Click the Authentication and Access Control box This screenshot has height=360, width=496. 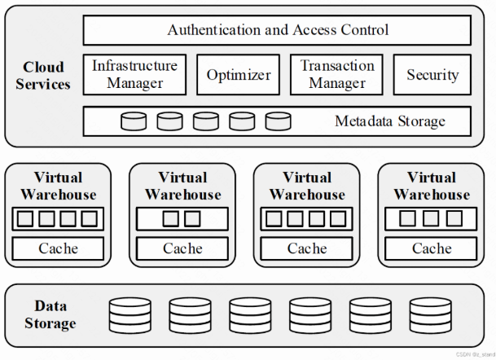[x=278, y=31]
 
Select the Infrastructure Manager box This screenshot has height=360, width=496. [x=135, y=74]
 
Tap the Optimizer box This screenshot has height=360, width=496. [x=238, y=75]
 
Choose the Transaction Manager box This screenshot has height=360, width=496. [x=336, y=74]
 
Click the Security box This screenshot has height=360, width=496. [x=432, y=75]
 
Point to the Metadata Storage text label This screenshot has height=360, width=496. [x=390, y=121]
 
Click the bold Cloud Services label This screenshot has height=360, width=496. [x=43, y=75]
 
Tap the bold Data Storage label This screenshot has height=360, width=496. [x=55, y=314]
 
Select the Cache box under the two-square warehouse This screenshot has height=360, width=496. [x=182, y=248]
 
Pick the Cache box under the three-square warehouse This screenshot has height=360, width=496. [x=431, y=248]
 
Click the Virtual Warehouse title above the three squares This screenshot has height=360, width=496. [x=431, y=186]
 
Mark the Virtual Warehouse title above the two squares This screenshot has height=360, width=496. [x=182, y=186]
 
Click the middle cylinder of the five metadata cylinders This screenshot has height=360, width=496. [x=206, y=121]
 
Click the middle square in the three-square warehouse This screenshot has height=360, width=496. [x=431, y=219]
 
